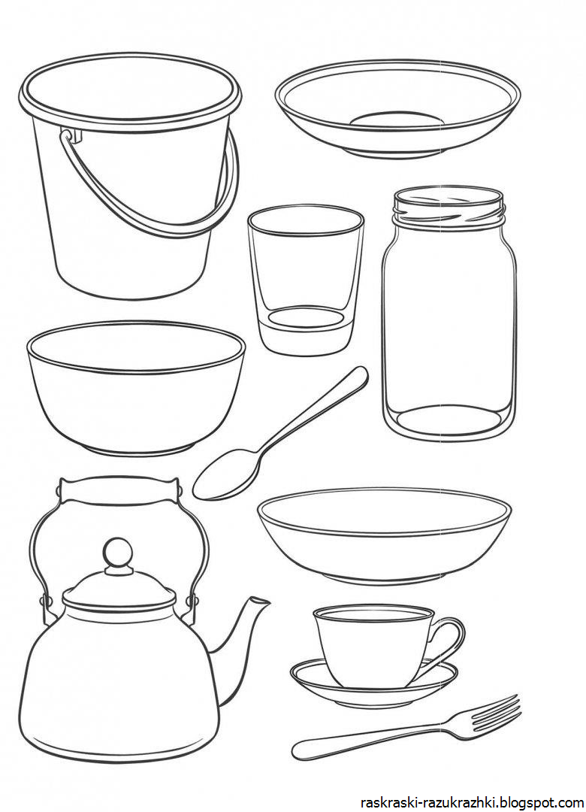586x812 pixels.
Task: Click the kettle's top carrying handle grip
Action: (x=119, y=489)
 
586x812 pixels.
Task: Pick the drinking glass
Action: (x=306, y=280)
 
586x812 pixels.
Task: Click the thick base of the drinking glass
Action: (x=306, y=332)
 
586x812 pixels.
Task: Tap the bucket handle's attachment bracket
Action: (x=72, y=135)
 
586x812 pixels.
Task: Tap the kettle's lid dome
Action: (x=119, y=585)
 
